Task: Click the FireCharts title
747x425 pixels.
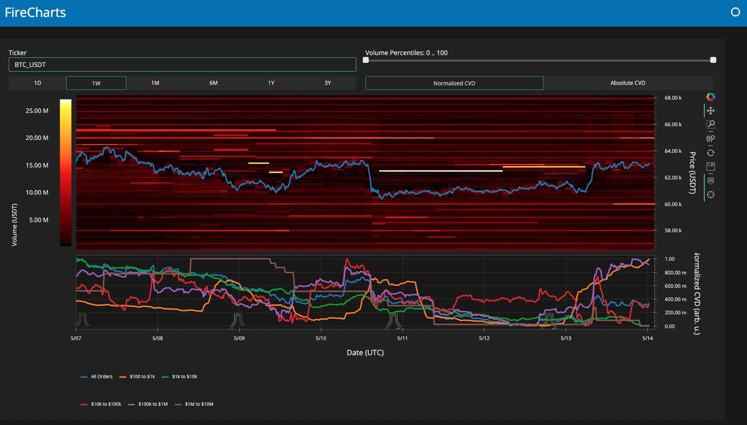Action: (x=35, y=12)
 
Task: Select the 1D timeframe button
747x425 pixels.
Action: (x=37, y=83)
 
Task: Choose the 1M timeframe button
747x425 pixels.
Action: (x=155, y=83)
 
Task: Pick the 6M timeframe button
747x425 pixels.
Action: (x=213, y=83)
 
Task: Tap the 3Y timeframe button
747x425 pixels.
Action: (x=327, y=83)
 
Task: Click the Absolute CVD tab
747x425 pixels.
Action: (x=628, y=83)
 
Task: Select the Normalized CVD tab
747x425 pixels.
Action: (x=454, y=83)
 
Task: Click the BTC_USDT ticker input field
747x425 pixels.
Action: (x=182, y=65)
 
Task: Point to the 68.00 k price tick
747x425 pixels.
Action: (x=673, y=98)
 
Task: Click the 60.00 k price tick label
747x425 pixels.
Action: (x=673, y=204)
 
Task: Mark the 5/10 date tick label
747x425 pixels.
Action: (x=321, y=338)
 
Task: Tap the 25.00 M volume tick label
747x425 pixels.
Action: (x=37, y=111)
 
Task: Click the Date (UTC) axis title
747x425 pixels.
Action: (x=365, y=352)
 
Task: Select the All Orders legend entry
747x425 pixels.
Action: (x=97, y=377)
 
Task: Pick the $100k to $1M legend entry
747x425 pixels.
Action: (x=148, y=404)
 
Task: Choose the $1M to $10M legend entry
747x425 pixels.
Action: (x=194, y=404)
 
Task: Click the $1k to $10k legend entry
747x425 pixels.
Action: (x=180, y=377)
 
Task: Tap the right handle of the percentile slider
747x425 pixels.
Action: (x=713, y=60)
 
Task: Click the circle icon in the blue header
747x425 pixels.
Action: (x=736, y=12)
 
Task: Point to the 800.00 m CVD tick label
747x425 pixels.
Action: (x=675, y=272)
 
